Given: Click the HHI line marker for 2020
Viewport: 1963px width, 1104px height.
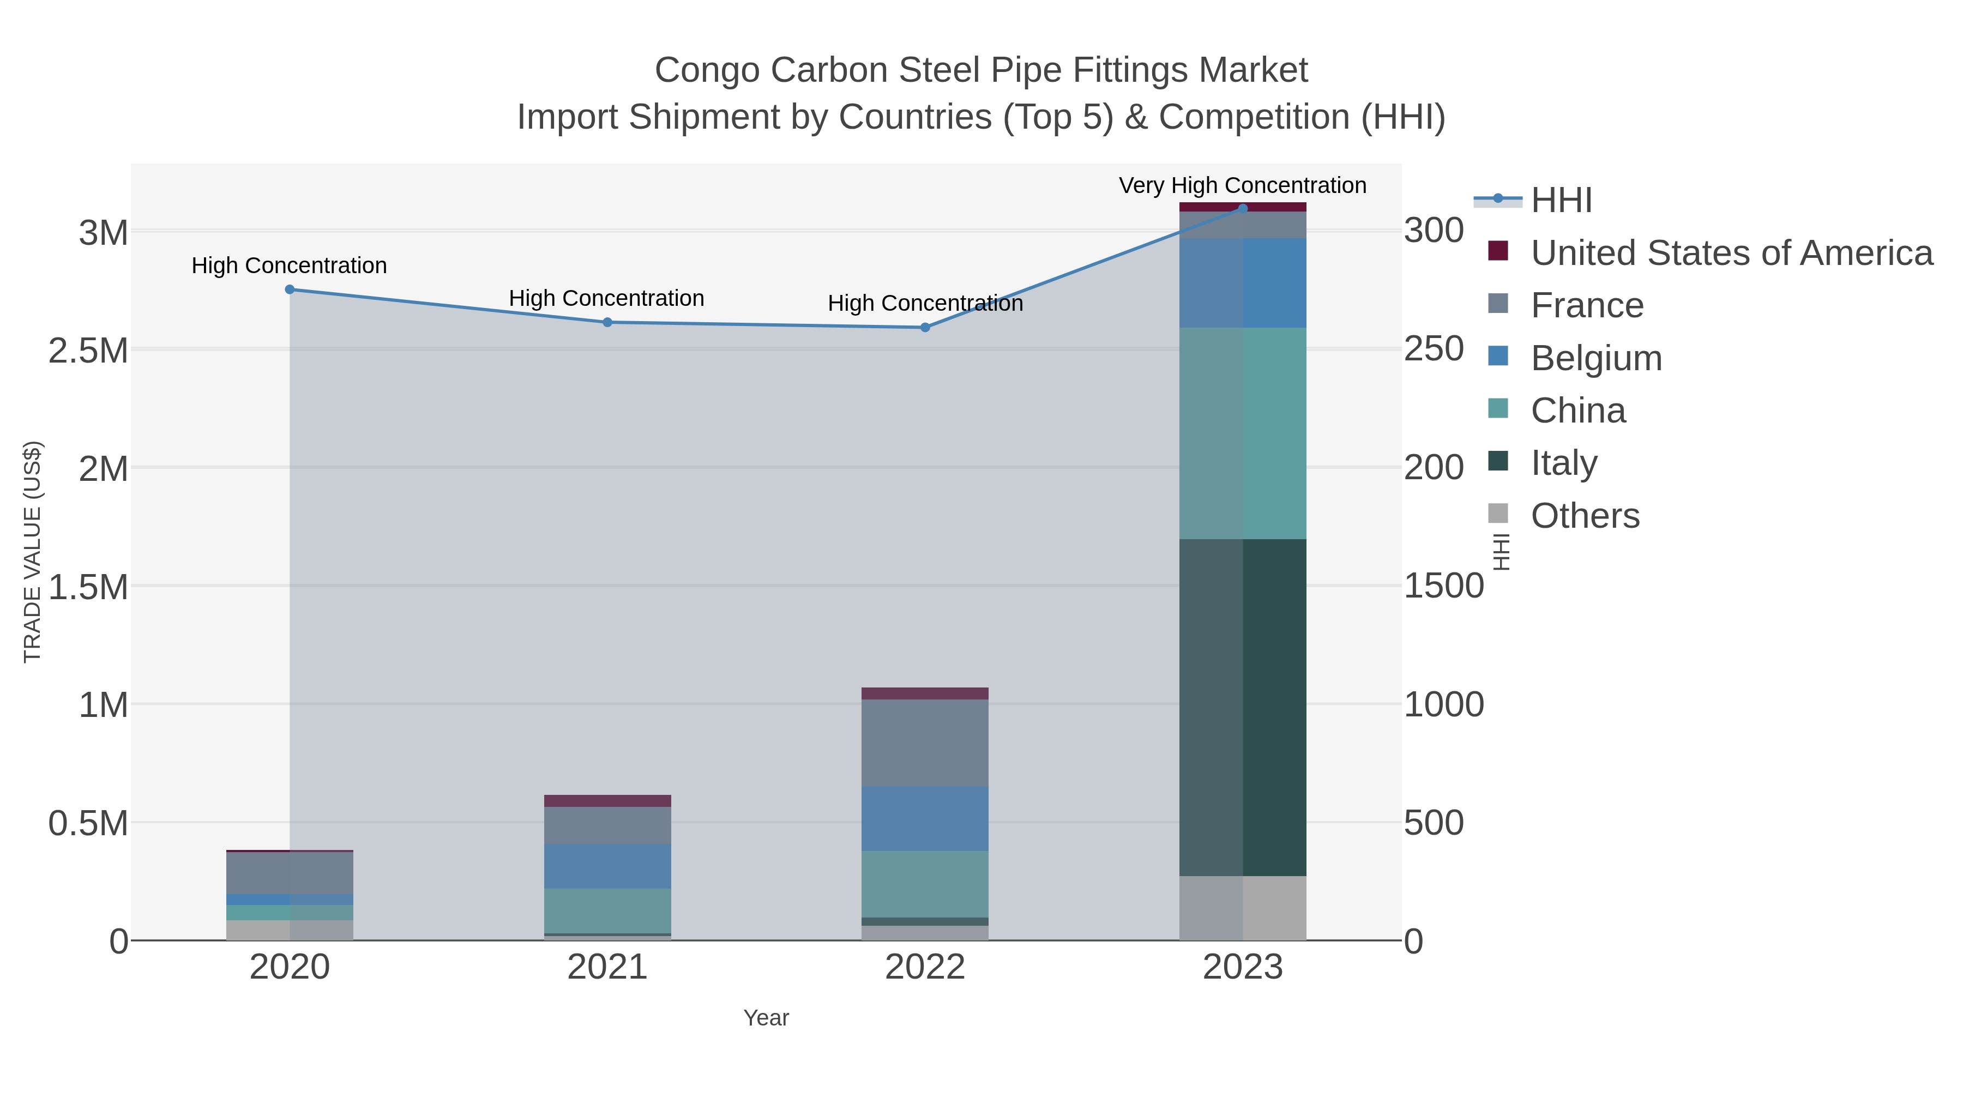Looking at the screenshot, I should [x=290, y=289].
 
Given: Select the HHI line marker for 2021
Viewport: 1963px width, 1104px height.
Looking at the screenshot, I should [x=607, y=322].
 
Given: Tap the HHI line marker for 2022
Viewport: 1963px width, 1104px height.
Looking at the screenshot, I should [x=925, y=328].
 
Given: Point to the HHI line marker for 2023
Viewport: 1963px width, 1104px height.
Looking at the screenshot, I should [x=1243, y=208].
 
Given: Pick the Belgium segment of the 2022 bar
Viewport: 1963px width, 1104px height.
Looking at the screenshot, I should [x=925, y=818].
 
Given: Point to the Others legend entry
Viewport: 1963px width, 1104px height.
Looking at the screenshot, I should [x=1585, y=515].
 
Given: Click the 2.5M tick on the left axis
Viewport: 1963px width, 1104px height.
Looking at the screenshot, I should [x=88, y=351].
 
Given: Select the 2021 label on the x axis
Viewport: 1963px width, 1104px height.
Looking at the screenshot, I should [x=607, y=968].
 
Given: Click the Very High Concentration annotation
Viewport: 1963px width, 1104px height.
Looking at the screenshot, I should [x=1242, y=185].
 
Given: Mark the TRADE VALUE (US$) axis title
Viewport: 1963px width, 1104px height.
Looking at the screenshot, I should [x=32, y=552].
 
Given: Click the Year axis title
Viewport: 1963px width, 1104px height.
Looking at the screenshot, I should [x=766, y=1018].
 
